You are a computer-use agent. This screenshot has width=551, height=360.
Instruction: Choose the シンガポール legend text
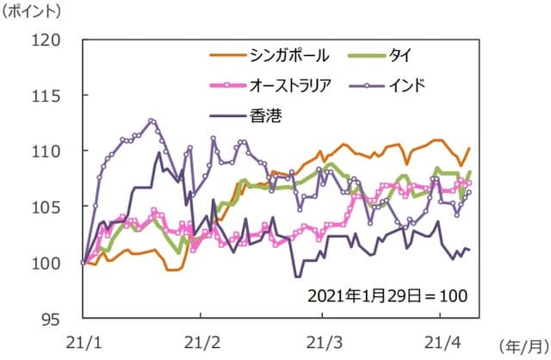pos(288,56)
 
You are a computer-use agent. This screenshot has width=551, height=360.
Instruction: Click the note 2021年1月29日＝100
pos(386,295)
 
